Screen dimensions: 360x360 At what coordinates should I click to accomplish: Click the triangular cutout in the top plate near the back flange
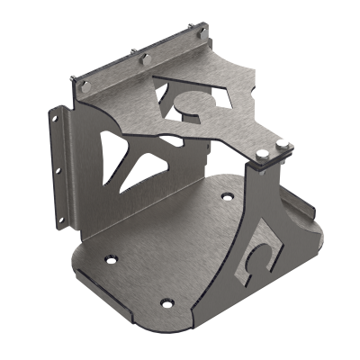[166, 85]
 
